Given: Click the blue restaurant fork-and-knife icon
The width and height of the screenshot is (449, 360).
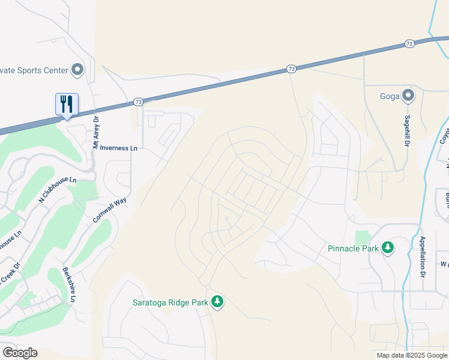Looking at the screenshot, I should [67, 104].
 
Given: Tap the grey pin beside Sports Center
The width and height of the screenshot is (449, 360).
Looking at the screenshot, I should [77, 70].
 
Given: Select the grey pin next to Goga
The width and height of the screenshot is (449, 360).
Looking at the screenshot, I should [408, 95].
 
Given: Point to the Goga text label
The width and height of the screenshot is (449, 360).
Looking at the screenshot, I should [390, 96].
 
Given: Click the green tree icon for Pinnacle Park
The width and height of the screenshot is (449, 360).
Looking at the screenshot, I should [388, 248].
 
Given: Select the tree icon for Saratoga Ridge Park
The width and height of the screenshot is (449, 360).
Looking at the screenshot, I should [218, 302].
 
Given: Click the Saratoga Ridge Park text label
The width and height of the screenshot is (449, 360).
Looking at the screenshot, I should [170, 302].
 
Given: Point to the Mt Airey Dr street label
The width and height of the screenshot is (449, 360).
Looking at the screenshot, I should [95, 133].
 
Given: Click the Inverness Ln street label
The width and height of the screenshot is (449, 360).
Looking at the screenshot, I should [119, 148].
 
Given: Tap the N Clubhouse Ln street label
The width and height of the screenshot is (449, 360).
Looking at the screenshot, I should [58, 190].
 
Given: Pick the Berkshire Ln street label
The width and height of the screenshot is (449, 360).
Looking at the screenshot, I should [68, 285].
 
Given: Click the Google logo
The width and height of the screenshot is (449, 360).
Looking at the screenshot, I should [20, 353].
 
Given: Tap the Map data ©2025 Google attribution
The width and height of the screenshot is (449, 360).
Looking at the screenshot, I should [412, 355].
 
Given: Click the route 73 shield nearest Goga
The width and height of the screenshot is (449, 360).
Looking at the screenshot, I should [409, 44].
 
